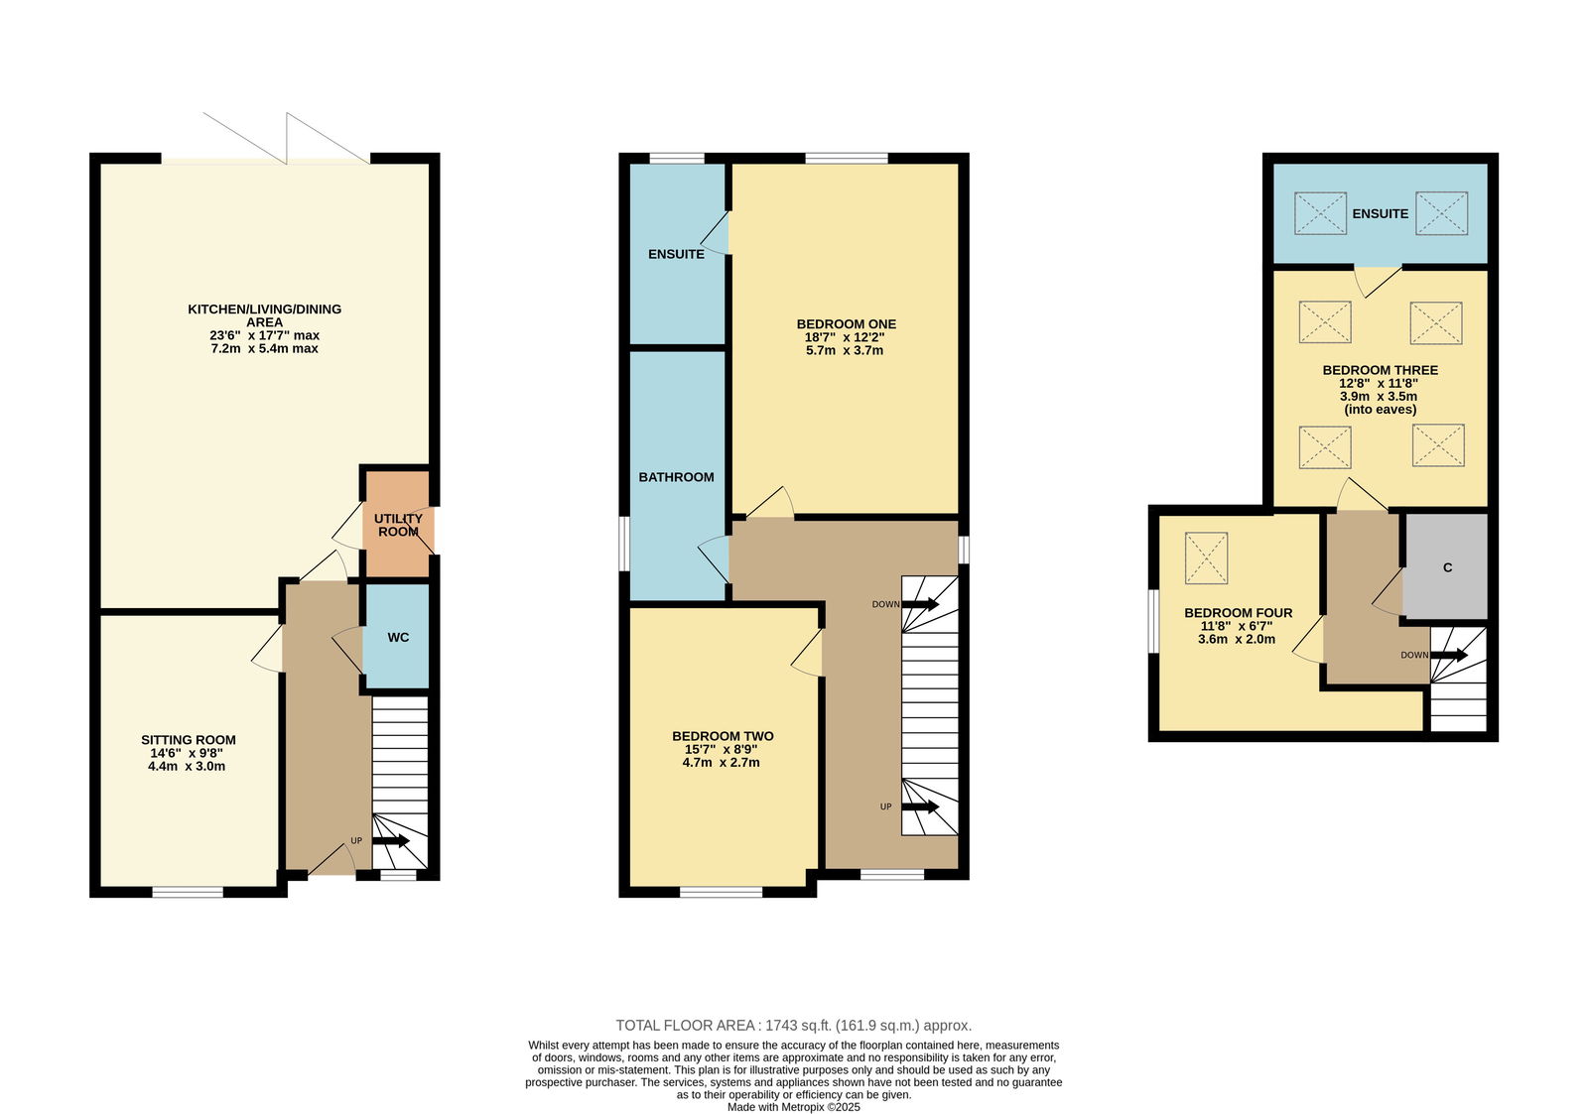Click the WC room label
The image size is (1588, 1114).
(x=398, y=637)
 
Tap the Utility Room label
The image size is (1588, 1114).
(x=398, y=525)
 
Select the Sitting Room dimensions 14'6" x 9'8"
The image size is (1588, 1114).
(x=188, y=753)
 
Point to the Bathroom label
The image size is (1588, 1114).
(x=676, y=477)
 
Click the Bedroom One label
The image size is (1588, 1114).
(x=847, y=323)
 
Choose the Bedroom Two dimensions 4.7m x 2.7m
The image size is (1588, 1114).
(x=721, y=763)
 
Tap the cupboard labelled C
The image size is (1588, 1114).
(x=1447, y=567)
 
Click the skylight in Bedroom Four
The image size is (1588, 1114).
(x=1206, y=558)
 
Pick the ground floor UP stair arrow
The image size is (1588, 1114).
(x=391, y=841)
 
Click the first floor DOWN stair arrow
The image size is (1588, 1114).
(x=920, y=604)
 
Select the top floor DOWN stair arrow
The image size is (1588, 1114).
(x=1449, y=655)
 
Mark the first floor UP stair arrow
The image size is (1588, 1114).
(x=920, y=806)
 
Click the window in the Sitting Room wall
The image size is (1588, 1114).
(x=188, y=892)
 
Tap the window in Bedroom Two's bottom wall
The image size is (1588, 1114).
(x=721, y=892)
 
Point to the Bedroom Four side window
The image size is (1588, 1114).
(x=1153, y=620)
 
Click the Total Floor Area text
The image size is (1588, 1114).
(x=793, y=1026)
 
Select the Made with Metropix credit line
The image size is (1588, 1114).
(x=793, y=1107)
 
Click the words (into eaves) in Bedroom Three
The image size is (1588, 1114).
(x=1380, y=410)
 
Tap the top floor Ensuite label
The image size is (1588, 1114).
(x=1380, y=213)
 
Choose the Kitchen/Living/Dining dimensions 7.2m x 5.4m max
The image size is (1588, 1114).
(x=264, y=348)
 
